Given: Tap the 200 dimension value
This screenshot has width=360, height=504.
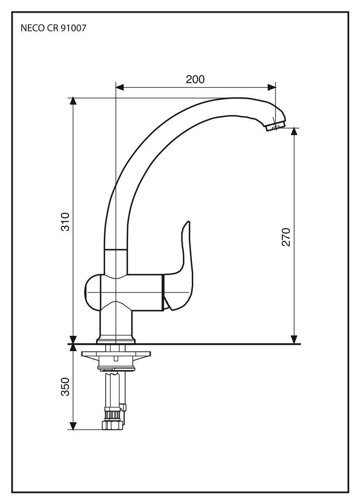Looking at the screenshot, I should click(x=195, y=79).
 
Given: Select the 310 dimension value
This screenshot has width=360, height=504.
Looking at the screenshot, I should click(x=64, y=222).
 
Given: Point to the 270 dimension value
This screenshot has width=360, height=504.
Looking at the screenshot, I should click(x=286, y=237).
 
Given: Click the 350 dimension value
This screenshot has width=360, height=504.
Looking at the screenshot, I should click(x=65, y=387).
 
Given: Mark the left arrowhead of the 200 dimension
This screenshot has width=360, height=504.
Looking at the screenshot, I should click(x=120, y=87).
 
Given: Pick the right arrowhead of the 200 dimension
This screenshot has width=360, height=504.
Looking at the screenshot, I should click(x=271, y=87).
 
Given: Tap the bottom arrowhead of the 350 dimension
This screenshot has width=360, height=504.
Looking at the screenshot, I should click(x=73, y=425).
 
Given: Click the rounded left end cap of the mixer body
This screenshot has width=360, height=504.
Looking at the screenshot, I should click(x=92, y=293).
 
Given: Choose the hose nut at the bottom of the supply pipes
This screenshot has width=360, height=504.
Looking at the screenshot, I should click(x=112, y=424).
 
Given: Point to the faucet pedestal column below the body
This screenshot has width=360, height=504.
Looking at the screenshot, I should click(x=116, y=322).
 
